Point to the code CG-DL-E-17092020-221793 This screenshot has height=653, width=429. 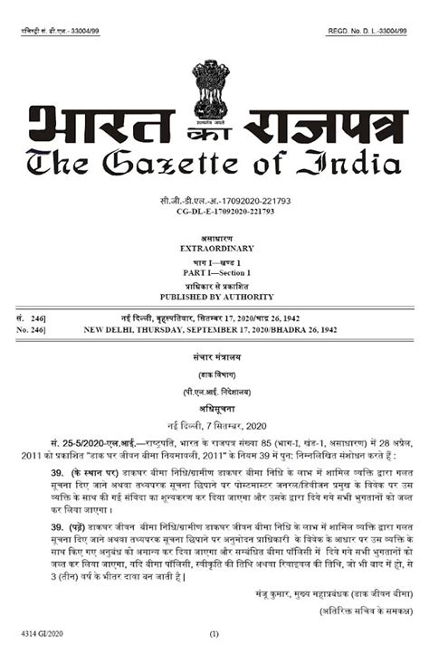pos(214,210)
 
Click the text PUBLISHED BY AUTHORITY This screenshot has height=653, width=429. pos(214,297)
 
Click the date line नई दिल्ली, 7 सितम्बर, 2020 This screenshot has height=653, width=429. pos(214,425)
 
